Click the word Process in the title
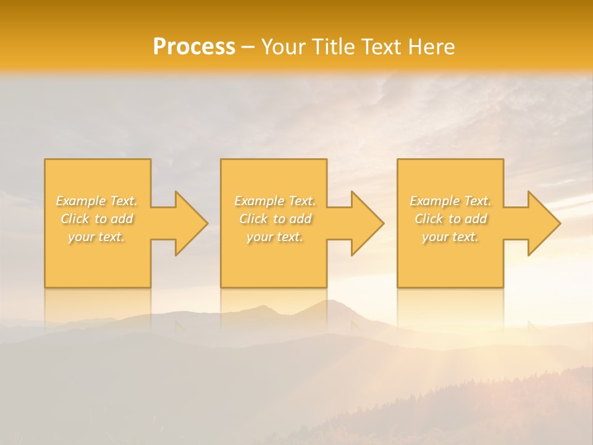(x=194, y=47)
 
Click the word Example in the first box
(x=81, y=201)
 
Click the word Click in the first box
(x=75, y=219)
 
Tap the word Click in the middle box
(x=253, y=219)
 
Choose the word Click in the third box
(x=429, y=219)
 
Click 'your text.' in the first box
(x=96, y=237)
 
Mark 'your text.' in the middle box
(x=275, y=237)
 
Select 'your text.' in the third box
(x=450, y=237)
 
